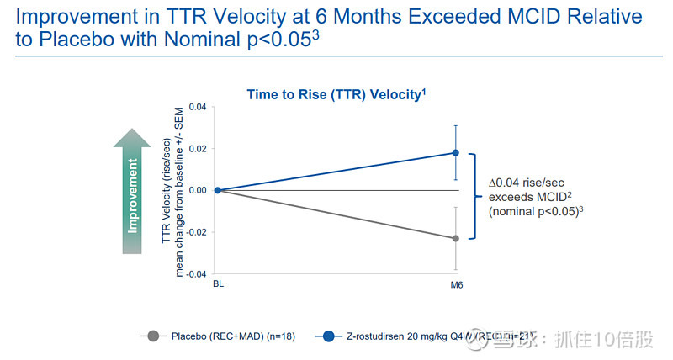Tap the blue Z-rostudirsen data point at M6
pos(456,152)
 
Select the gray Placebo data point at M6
pos(456,239)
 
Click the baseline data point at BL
pos(217,190)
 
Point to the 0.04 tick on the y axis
pos(197,107)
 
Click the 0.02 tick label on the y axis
pos(197,149)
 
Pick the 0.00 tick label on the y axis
pos(197,190)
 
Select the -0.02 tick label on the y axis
pos(195,232)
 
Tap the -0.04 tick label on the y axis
pos(195,274)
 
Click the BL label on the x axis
pos(217,286)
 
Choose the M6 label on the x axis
pos(456,286)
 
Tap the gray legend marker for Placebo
pos(152,337)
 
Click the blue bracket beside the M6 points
pos(474,196)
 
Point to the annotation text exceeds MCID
pos(524,196)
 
